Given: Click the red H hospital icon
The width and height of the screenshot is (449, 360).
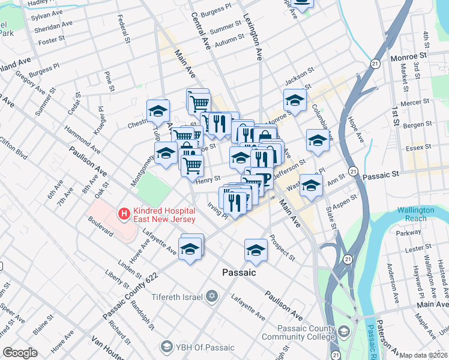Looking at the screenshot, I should pyautogui.click(x=124, y=212).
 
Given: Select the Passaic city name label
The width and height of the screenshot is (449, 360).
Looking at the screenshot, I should pyautogui.click(x=239, y=272).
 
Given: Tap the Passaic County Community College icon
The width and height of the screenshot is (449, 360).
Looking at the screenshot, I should pyautogui.click(x=343, y=331).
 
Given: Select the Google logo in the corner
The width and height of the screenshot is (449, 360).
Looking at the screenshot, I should pyautogui.click(x=20, y=353).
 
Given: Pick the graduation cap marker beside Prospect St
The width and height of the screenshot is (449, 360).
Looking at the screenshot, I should pyautogui.click(x=256, y=250).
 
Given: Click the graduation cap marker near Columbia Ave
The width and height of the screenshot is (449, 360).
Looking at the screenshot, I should pyautogui.click(x=318, y=141).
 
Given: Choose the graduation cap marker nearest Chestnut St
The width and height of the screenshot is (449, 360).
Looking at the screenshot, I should pyautogui.click(x=158, y=111).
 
